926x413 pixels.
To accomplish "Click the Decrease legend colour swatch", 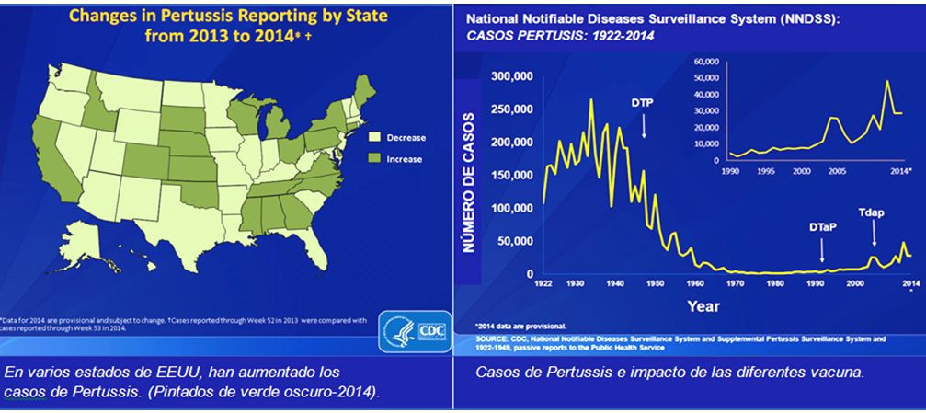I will pos(373,138).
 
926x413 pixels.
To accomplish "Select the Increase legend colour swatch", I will pos(373,159).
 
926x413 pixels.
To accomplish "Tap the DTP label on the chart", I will pos(642,101).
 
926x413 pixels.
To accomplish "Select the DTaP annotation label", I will pos(822,226).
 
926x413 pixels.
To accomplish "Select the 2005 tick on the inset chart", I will pos(838,171).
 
